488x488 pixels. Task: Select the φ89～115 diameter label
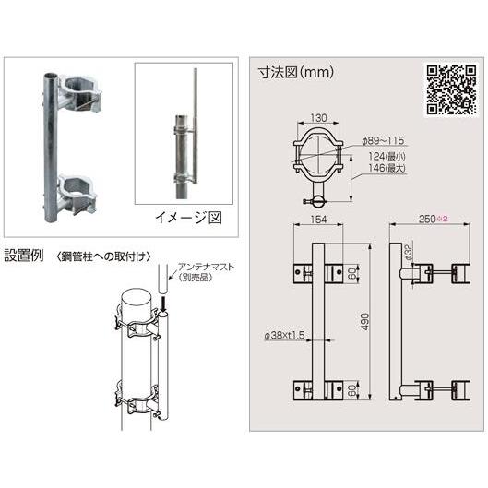[x=382, y=141]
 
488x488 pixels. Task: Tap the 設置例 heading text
[x=25, y=254]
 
